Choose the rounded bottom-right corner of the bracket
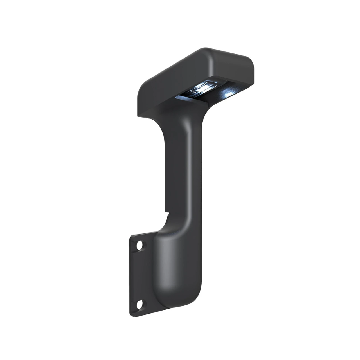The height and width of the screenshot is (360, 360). [x=197, y=307]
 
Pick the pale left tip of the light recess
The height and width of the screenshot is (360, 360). [x=178, y=97]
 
